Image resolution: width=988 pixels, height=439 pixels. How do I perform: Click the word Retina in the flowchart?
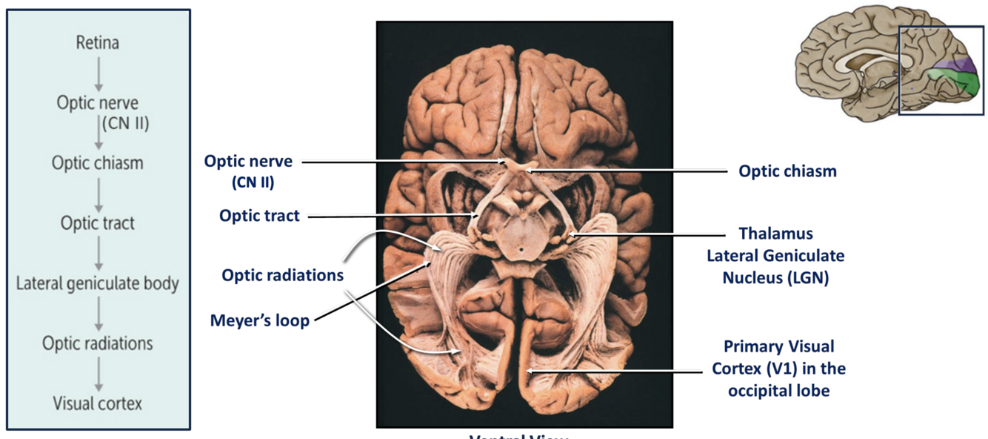(x=97, y=43)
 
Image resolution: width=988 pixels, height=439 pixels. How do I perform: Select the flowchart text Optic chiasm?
(x=97, y=162)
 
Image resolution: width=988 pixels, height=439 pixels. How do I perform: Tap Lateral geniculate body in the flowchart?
(x=97, y=283)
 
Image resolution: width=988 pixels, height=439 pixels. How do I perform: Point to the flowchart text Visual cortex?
(x=97, y=403)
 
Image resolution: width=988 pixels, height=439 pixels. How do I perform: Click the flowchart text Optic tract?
(x=98, y=222)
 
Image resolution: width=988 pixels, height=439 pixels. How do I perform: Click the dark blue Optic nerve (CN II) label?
(x=248, y=170)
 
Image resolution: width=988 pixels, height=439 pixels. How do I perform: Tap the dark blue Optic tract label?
(x=259, y=216)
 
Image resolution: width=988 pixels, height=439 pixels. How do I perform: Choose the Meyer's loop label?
(x=259, y=321)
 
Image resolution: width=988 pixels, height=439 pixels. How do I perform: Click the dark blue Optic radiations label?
(x=282, y=275)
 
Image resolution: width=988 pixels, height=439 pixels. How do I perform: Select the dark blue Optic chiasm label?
(x=787, y=171)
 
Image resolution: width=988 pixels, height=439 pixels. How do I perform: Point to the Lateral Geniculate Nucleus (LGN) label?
(x=775, y=256)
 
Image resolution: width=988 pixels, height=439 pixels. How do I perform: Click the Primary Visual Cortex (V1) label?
(x=778, y=368)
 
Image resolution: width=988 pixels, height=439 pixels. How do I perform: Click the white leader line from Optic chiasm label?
(x=630, y=171)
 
